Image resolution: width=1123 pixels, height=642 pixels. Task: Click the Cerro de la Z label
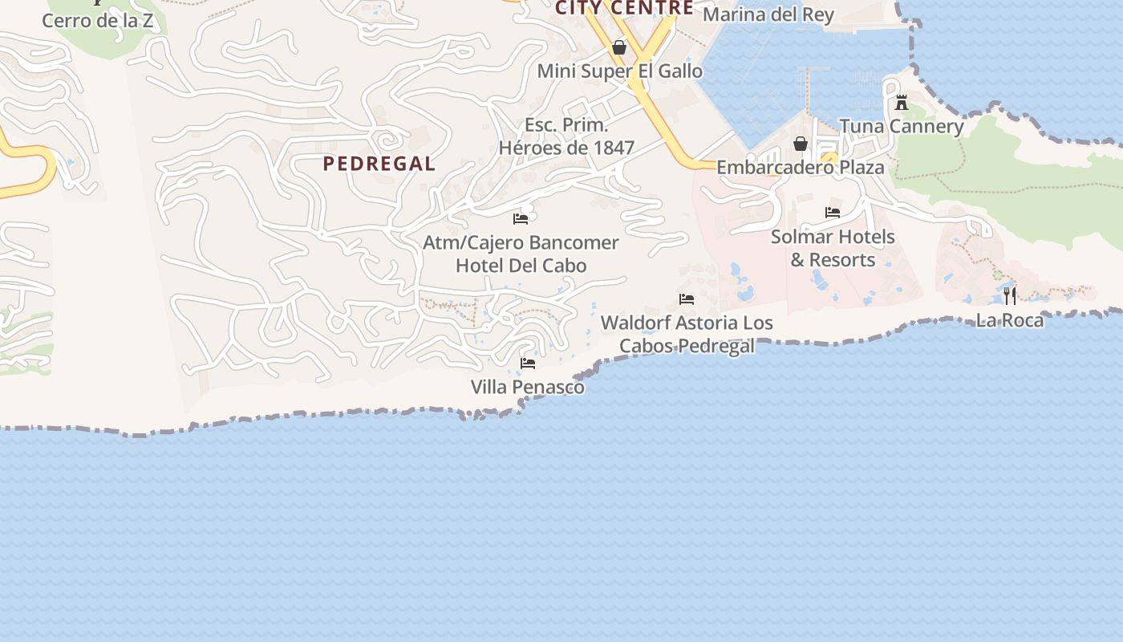[x=97, y=21]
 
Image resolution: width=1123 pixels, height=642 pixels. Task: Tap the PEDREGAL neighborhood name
[x=379, y=164]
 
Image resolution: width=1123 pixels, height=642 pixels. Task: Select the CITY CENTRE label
[x=624, y=8]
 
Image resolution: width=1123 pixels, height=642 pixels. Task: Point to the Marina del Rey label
[x=768, y=14]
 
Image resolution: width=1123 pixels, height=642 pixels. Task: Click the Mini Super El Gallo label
[x=619, y=71]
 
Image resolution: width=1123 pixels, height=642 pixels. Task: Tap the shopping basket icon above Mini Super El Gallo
[x=619, y=47]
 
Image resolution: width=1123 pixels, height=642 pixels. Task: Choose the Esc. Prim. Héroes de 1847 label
[x=566, y=136]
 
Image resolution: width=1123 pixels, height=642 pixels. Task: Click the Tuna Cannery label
[x=901, y=126]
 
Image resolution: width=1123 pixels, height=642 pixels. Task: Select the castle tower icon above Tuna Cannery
[x=902, y=103]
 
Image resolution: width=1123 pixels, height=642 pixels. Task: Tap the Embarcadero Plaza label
[x=800, y=167]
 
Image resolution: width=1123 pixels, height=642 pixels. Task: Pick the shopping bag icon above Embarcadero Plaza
[x=800, y=144]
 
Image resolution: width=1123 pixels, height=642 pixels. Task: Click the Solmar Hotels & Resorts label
[x=833, y=248]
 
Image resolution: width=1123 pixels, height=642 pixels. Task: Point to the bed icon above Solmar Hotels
[x=833, y=213]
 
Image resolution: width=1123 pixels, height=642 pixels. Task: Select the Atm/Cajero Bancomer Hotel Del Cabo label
[x=521, y=254]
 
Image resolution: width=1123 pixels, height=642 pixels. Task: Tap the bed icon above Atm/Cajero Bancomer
[x=521, y=218]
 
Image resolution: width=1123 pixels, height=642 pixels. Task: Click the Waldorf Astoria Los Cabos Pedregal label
[x=687, y=334]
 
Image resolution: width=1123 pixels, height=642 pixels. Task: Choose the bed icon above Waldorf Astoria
[x=687, y=299]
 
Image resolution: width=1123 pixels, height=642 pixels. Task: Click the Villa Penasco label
[x=527, y=387]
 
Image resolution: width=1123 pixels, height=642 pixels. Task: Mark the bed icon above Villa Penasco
[x=528, y=364]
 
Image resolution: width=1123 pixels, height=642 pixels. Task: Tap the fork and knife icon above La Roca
[x=1010, y=296]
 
